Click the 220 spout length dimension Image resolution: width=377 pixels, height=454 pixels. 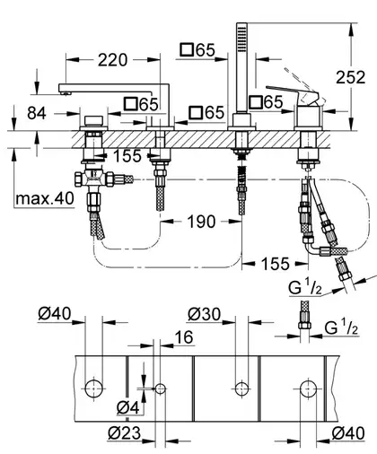(x=112, y=60)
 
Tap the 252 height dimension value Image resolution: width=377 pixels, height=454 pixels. (x=351, y=77)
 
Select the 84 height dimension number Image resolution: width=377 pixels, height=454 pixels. (x=37, y=113)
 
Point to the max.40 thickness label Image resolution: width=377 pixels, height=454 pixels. (x=45, y=198)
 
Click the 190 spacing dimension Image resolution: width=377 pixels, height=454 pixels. (x=201, y=222)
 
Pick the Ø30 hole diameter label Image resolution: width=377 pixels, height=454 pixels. (x=205, y=314)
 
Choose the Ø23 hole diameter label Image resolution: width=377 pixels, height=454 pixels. (x=124, y=433)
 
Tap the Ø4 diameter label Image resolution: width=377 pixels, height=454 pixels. (x=128, y=407)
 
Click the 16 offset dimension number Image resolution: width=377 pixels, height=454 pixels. (x=184, y=337)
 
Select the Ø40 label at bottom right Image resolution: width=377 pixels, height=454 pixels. (x=348, y=433)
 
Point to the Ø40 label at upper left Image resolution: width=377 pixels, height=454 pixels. (x=55, y=314)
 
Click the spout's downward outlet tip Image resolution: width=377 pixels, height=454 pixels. (x=66, y=93)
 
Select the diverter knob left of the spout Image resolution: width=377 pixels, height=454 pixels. (x=93, y=121)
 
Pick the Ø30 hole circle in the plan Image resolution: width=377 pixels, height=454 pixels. (x=241, y=389)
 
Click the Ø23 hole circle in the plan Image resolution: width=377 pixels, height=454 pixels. (x=161, y=389)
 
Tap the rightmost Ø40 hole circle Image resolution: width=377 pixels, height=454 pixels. (x=309, y=389)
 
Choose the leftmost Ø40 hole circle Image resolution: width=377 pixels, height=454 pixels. (x=94, y=389)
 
